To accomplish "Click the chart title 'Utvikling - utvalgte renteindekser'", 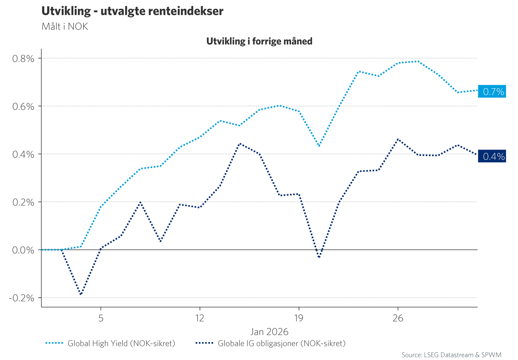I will [132, 11].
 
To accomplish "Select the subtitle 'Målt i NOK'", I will [64, 27].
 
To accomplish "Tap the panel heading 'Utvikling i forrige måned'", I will [259, 41].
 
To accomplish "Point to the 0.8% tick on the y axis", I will [23, 59].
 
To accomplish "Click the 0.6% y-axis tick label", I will [23, 107].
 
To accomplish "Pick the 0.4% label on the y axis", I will [23, 154].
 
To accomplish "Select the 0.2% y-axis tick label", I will [23, 202].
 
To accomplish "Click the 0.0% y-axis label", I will [23, 250].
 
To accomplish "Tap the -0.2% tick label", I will [22, 298].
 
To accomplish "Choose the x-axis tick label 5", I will [101, 318].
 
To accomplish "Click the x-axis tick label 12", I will [199, 318].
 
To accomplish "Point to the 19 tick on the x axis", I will [298, 318].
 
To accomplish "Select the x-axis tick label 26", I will [397, 318].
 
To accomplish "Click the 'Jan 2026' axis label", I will [269, 331].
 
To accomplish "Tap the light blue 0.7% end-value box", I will [492, 92].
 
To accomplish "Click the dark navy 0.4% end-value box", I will [492, 156].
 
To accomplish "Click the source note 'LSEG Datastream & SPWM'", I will [451, 355].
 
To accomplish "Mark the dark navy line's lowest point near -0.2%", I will [80, 294].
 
